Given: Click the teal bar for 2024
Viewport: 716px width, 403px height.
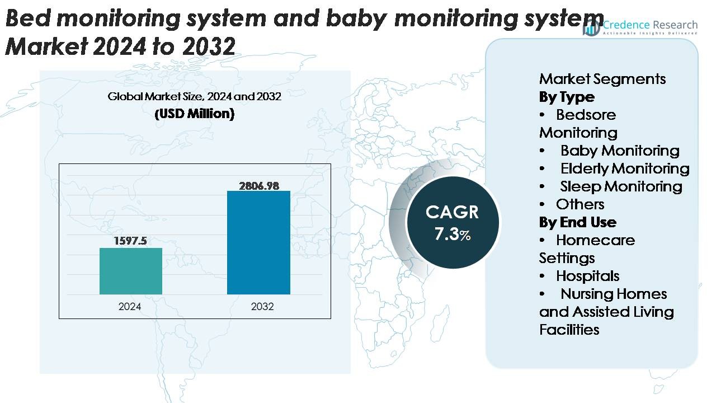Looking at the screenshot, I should (131, 271).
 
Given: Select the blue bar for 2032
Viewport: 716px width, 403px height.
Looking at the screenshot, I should (258, 242).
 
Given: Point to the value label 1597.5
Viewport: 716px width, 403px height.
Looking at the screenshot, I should (130, 241).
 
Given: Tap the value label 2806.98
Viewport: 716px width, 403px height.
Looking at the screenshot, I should (258, 185).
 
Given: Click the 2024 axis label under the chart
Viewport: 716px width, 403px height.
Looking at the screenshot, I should (130, 307).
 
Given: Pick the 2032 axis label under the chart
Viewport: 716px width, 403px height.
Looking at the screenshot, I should (262, 307).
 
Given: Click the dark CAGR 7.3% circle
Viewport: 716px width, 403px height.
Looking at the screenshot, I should (452, 222).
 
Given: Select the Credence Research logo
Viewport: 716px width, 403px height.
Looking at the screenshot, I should (640, 27).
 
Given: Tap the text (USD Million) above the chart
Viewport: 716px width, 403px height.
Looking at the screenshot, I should (194, 114).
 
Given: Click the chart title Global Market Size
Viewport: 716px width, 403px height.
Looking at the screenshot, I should (194, 96).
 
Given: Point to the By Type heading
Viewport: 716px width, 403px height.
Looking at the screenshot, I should (566, 97).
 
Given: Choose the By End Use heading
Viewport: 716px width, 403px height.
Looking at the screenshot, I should (577, 222).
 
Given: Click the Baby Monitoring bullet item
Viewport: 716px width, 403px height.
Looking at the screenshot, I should (619, 151).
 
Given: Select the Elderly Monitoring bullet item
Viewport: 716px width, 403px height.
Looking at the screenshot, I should (624, 168).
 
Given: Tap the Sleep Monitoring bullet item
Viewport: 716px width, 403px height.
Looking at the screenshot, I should (620, 186).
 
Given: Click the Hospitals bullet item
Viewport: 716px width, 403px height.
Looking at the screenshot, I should (587, 276).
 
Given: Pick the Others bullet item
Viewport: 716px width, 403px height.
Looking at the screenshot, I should (580, 204).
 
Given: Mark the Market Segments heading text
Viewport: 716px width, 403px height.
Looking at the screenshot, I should (602, 79).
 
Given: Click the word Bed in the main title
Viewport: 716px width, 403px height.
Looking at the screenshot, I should (27, 19).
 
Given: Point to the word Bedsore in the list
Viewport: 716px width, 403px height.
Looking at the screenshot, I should (585, 115).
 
